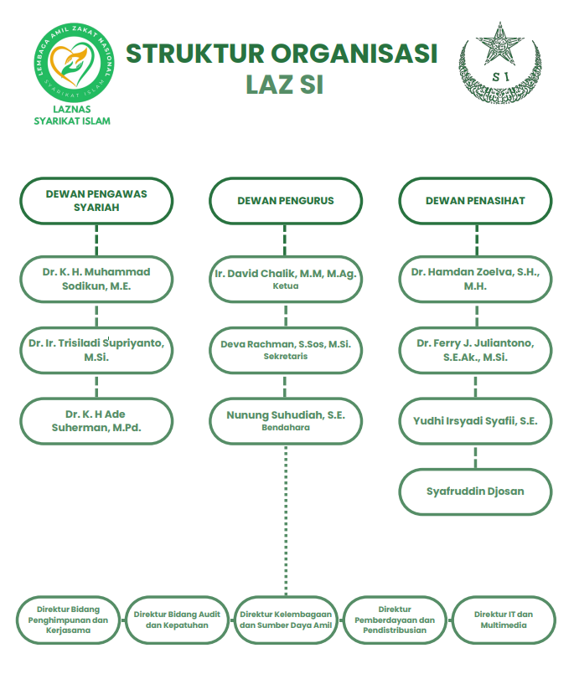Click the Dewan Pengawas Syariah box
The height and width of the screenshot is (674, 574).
[96, 201]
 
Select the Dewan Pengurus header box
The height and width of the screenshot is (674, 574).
[286, 201]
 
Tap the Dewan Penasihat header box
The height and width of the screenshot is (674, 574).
[475, 201]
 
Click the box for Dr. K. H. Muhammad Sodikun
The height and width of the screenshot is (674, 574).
[96, 279]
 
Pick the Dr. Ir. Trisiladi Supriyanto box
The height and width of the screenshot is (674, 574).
[96, 350]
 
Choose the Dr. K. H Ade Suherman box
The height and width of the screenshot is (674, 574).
[96, 420]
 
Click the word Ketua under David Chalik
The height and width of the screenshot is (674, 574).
[286, 286]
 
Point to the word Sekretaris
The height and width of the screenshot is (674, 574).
[286, 357]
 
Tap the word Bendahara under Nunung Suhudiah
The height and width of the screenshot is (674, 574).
[286, 428]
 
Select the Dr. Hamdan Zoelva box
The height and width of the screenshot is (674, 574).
[475, 279]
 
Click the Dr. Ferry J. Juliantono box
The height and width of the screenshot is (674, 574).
[475, 350]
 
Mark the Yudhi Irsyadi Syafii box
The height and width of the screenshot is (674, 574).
[475, 421]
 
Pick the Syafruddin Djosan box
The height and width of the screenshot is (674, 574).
[475, 491]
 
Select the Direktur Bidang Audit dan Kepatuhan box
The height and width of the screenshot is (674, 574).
[177, 620]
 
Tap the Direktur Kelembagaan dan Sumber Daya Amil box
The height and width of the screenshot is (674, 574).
[286, 620]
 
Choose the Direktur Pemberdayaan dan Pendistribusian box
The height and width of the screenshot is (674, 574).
[395, 620]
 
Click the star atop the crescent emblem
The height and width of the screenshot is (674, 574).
[502, 38]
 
